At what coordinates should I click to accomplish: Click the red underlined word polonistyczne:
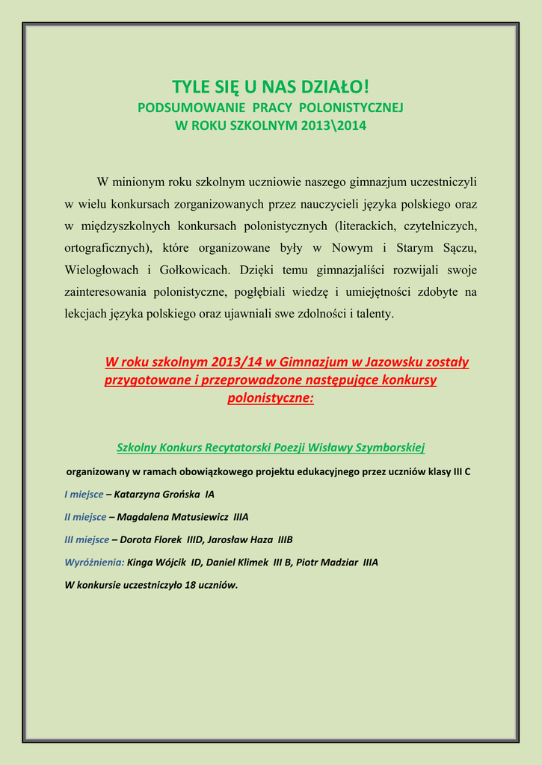pos(271,398)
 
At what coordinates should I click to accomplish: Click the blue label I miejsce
pos(84,495)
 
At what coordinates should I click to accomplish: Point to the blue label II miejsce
pos(85,517)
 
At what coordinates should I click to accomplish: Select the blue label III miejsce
pos(87,539)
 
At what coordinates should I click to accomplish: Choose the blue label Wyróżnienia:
pos(94,562)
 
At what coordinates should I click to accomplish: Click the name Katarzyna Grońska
pos(156,495)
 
